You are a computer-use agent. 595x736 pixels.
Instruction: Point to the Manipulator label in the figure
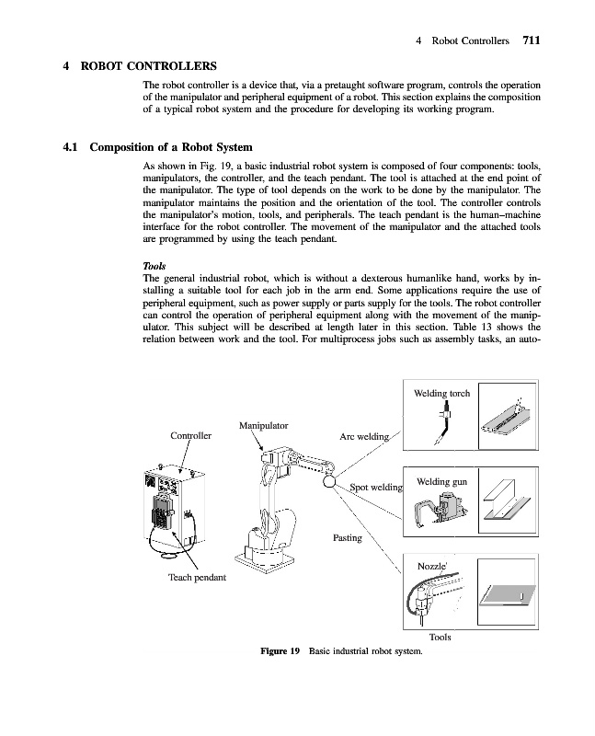click(264, 425)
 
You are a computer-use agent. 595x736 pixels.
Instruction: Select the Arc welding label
click(366, 435)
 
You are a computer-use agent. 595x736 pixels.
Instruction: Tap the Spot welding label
click(375, 486)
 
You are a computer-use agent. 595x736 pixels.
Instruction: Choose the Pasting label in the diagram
click(347, 536)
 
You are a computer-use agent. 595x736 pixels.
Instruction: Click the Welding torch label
click(442, 393)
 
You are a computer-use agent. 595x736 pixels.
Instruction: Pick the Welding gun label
click(441, 481)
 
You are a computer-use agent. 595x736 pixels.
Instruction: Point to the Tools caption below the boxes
click(440, 637)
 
